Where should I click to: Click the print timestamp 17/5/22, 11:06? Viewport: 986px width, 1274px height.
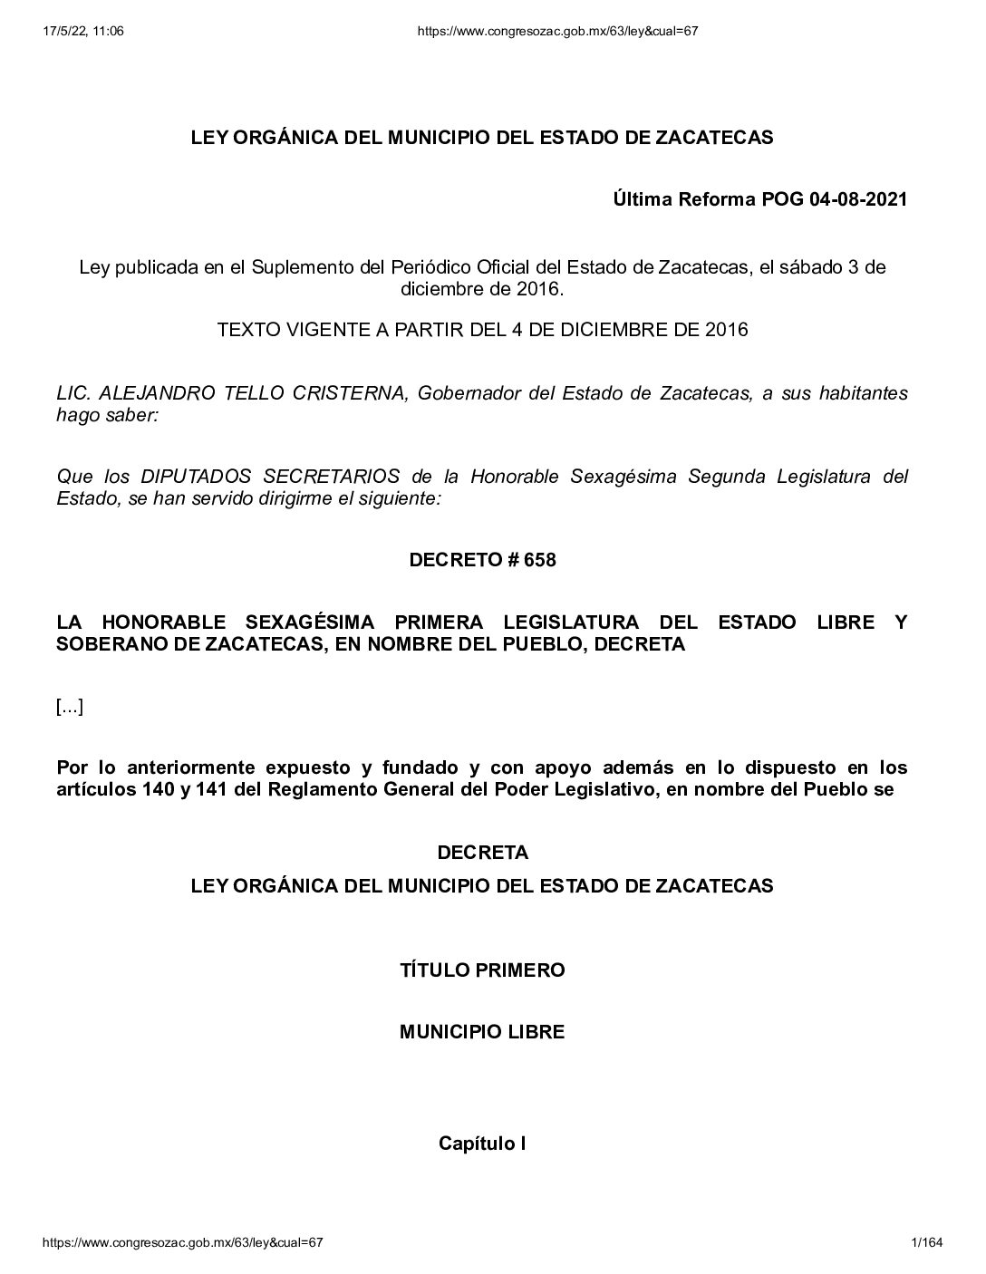83,31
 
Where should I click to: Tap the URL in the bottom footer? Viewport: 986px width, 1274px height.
183,1243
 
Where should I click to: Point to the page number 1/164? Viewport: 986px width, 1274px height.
928,1243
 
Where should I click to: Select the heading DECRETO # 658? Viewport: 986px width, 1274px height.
482,560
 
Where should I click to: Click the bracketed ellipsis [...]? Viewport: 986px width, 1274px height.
70,707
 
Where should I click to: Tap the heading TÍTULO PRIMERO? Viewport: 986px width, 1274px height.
482,970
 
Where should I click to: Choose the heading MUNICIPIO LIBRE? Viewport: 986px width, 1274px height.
482,1032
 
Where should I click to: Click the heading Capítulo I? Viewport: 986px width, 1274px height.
482,1144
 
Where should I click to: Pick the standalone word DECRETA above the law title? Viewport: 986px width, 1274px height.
482,853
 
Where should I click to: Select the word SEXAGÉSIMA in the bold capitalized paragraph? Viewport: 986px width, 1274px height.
304,623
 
